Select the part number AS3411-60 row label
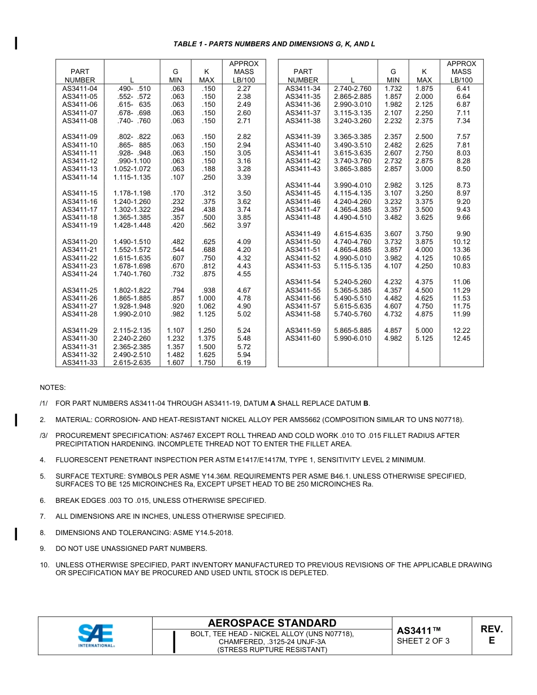pos(303,338)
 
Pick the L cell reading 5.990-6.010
pos(353,338)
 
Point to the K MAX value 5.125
pos(424,338)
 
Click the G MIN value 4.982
pos(393,338)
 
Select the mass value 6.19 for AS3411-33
pos(244,363)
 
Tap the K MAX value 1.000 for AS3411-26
pos(206,298)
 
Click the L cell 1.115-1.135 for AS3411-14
pos(132,177)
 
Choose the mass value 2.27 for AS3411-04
pos(244,89)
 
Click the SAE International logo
pos(96,636)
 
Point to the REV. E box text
pos(491,635)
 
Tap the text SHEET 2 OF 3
pos(423,641)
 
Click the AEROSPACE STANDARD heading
pos(272,623)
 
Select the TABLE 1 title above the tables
pos(274,44)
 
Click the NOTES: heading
pos(53,388)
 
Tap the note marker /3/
pos(44,436)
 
